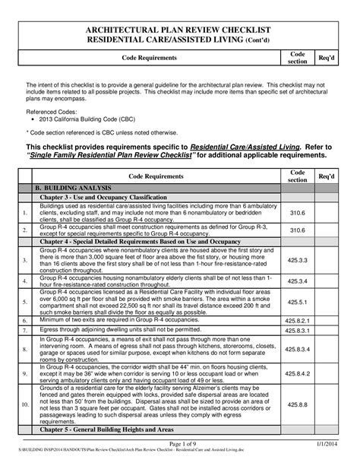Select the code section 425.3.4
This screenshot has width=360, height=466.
point(297,280)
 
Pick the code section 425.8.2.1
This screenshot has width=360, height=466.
point(297,320)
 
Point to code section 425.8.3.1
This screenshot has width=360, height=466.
point(297,331)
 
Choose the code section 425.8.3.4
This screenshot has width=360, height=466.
point(297,349)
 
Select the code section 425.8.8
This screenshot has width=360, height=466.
point(297,405)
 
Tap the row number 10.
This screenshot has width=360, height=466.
point(25,405)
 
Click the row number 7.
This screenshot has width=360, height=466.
point(25,331)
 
